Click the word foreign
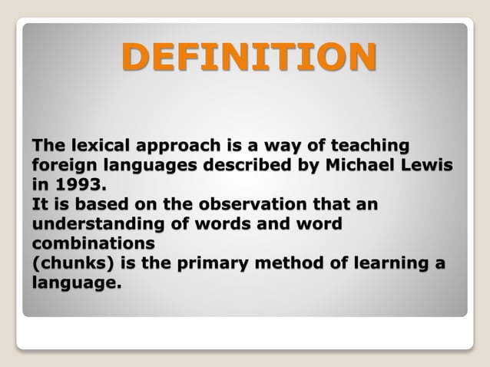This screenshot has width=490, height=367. click(60, 166)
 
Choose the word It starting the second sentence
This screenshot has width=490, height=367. click(39, 206)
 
